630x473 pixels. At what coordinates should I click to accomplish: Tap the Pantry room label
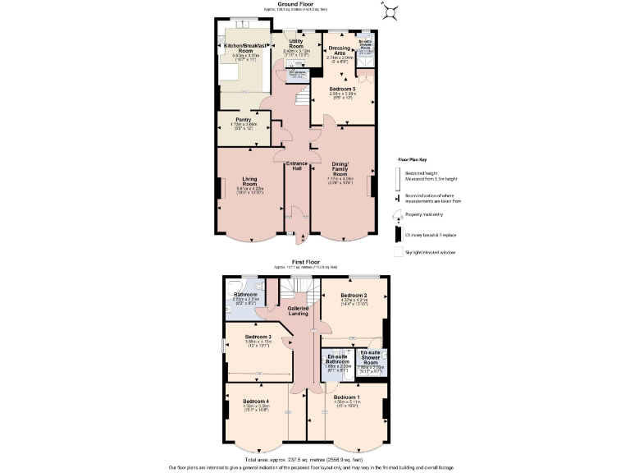[x=243, y=119]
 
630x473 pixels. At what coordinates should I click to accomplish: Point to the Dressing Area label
[x=340, y=50]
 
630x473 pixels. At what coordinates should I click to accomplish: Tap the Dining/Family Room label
[x=340, y=168]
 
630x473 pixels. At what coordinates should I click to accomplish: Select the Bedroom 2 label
[x=354, y=295]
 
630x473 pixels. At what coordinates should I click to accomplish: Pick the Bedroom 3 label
[x=258, y=336]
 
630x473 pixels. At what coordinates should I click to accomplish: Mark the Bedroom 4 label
[x=256, y=401]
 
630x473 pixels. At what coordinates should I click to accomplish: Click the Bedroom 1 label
[x=346, y=397]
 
